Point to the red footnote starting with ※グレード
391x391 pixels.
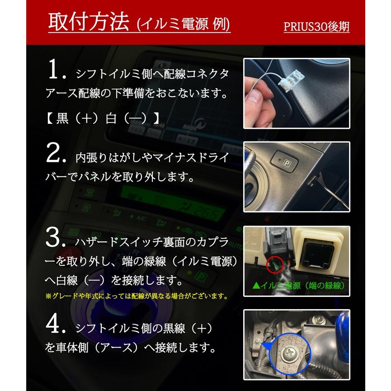136,297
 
